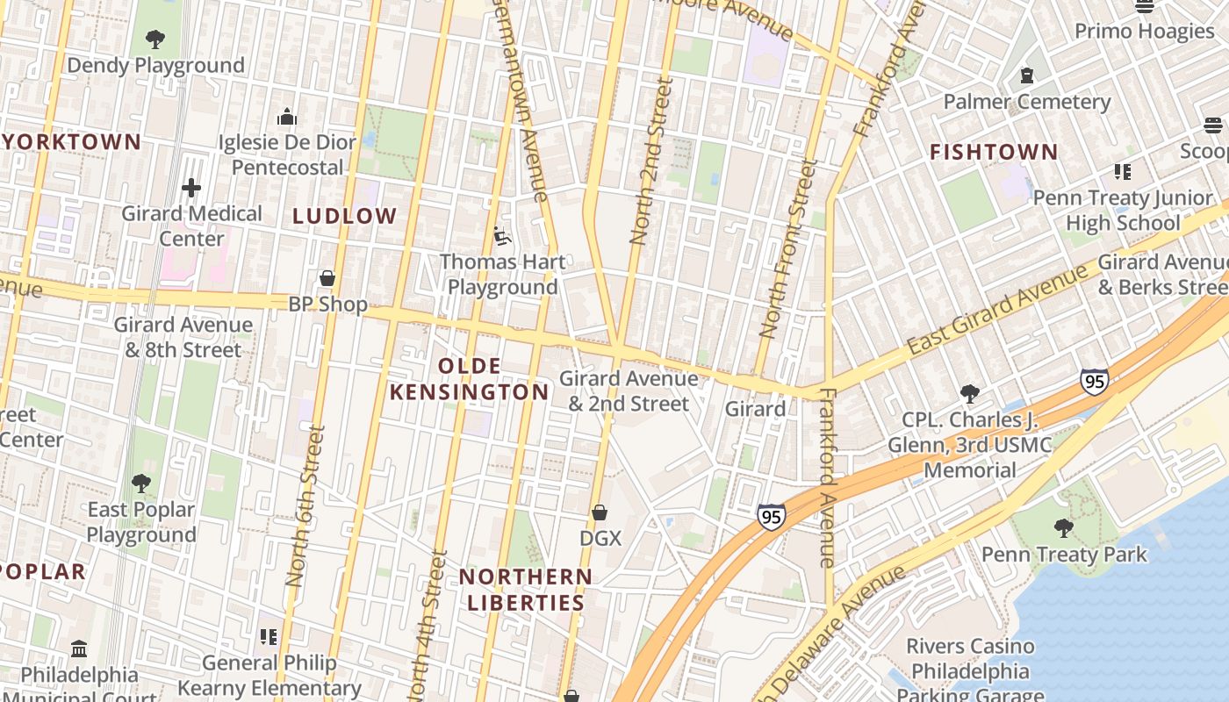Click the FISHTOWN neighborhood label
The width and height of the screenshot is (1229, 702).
click(x=994, y=153)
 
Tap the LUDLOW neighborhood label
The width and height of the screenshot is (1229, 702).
click(x=345, y=217)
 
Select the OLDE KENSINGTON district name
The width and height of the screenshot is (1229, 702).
click(x=469, y=379)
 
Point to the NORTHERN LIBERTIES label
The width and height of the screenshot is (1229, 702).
click(x=526, y=590)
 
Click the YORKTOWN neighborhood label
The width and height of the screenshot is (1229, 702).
click(x=71, y=142)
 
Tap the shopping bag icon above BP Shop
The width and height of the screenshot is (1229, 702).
click(x=327, y=279)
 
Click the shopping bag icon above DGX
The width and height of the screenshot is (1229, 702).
click(x=600, y=512)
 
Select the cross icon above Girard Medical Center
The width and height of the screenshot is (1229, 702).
click(x=191, y=188)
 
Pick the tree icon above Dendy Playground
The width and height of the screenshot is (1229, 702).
click(x=155, y=39)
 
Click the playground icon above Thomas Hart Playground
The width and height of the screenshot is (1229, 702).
click(x=502, y=236)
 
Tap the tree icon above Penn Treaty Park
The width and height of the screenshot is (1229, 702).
click(x=1063, y=528)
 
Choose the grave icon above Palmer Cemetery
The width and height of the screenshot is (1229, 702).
click(x=1026, y=76)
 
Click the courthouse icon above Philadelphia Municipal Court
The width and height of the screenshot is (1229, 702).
click(x=79, y=649)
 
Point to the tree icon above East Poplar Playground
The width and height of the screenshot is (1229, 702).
click(x=140, y=484)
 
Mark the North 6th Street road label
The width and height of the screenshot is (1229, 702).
click(x=306, y=506)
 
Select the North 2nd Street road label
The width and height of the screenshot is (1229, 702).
click(x=651, y=161)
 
